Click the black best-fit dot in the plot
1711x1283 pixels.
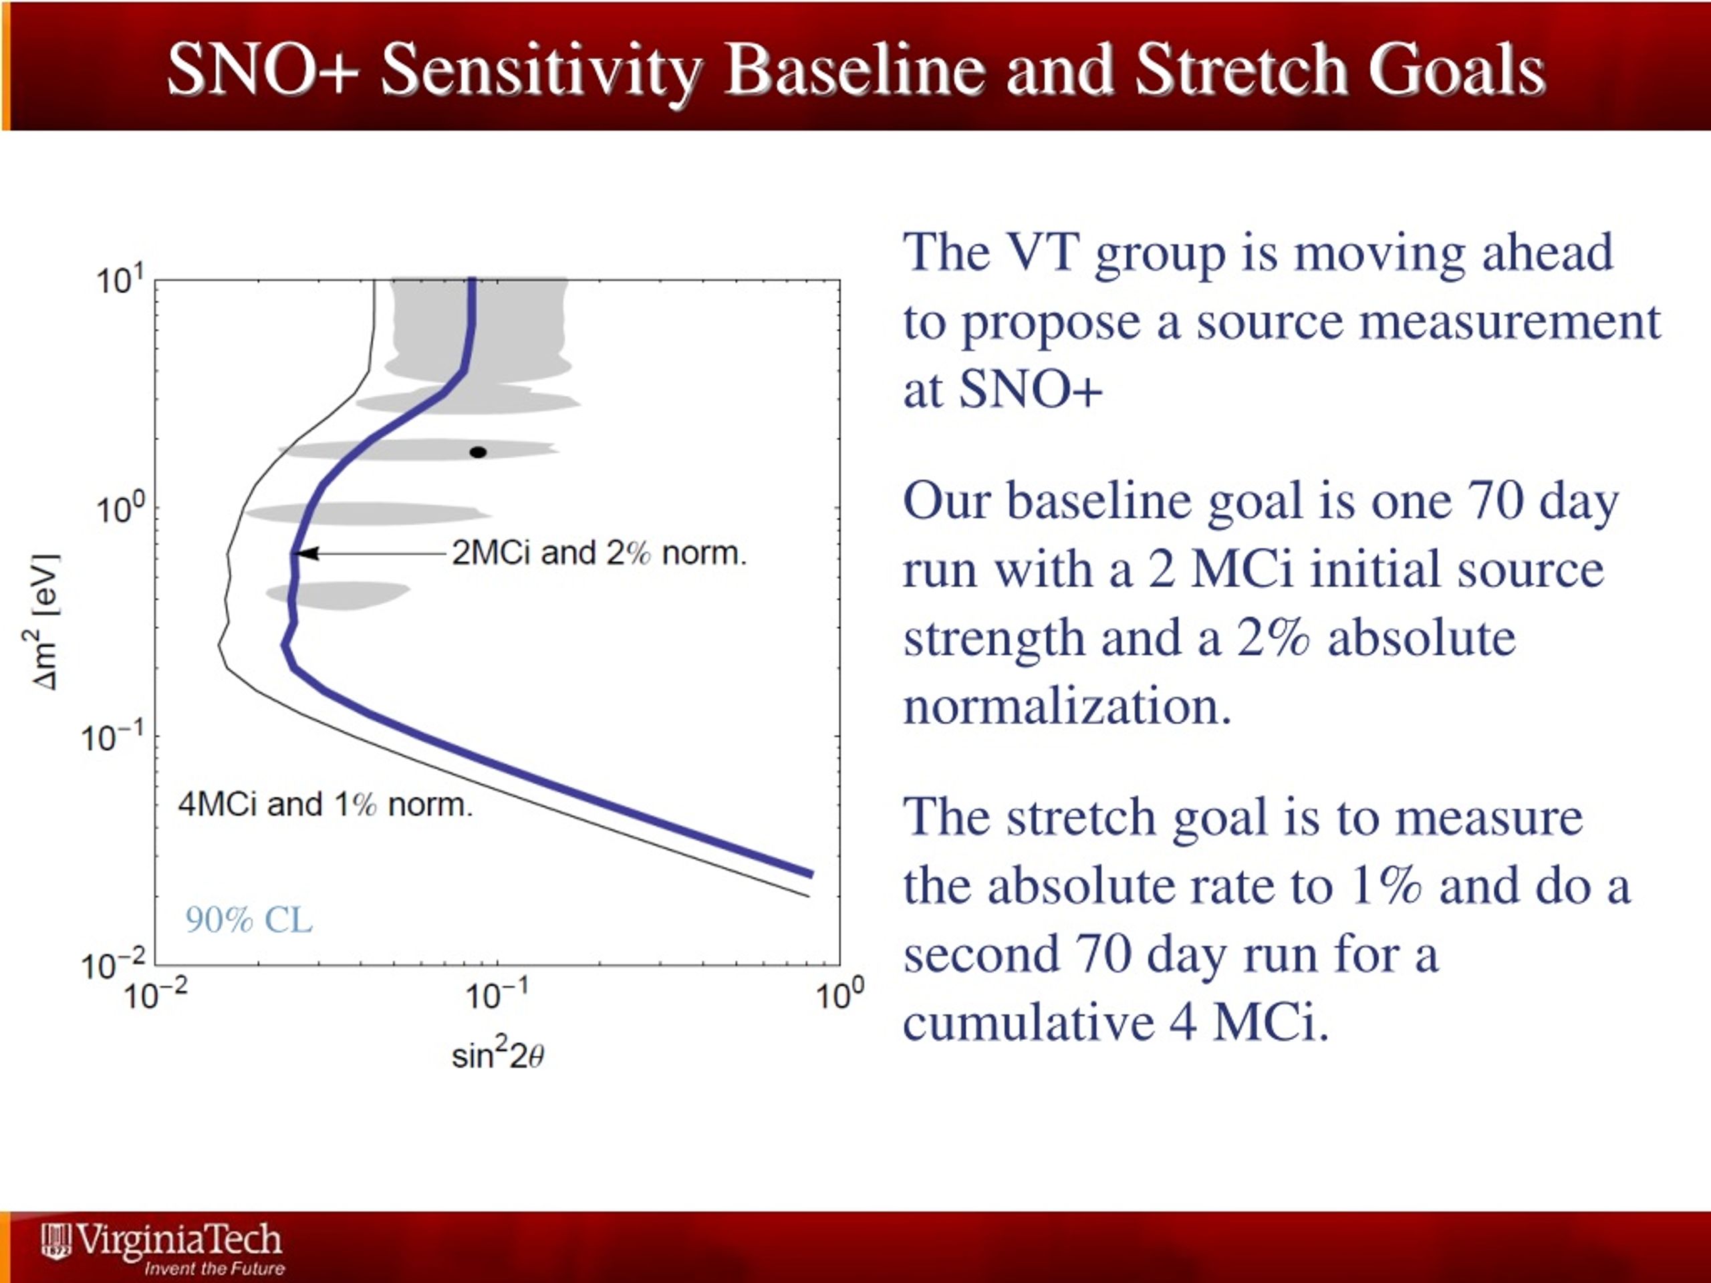tap(478, 452)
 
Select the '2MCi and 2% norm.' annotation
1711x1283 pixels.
tap(600, 553)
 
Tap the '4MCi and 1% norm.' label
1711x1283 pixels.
tap(325, 805)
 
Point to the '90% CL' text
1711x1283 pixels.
tap(249, 919)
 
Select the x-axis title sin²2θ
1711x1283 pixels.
tap(498, 1053)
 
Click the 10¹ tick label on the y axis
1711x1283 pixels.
tap(120, 280)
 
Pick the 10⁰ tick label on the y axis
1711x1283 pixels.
tap(120, 509)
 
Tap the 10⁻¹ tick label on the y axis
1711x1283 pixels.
tap(113, 737)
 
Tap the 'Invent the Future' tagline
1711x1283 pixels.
tap(215, 1268)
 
